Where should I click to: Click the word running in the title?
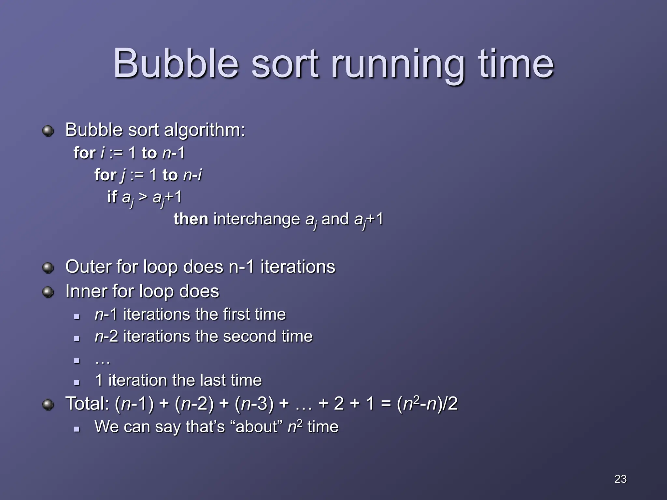tap(397, 65)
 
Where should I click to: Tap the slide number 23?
tap(620, 479)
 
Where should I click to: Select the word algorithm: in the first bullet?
tap(204, 130)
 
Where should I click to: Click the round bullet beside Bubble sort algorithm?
tap(48, 131)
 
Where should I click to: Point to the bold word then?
tap(191, 219)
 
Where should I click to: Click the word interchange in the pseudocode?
tap(257, 219)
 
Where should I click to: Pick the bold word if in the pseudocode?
tap(112, 197)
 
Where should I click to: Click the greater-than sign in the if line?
tap(143, 197)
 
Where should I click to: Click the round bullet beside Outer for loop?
tap(48, 268)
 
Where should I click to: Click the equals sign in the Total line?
tap(385, 404)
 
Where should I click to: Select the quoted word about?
tap(257, 427)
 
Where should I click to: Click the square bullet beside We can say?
tap(77, 429)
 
